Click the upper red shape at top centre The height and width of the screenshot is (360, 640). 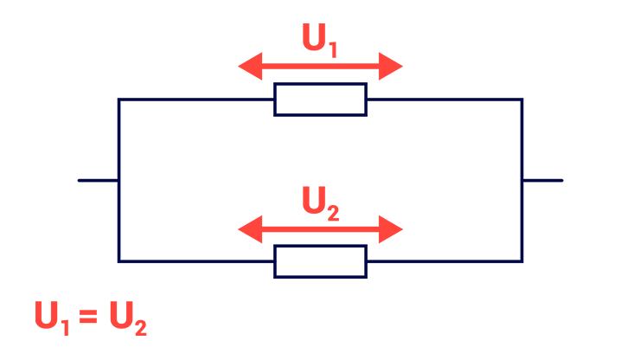click(320, 48)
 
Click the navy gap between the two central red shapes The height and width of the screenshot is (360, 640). click(320, 121)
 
